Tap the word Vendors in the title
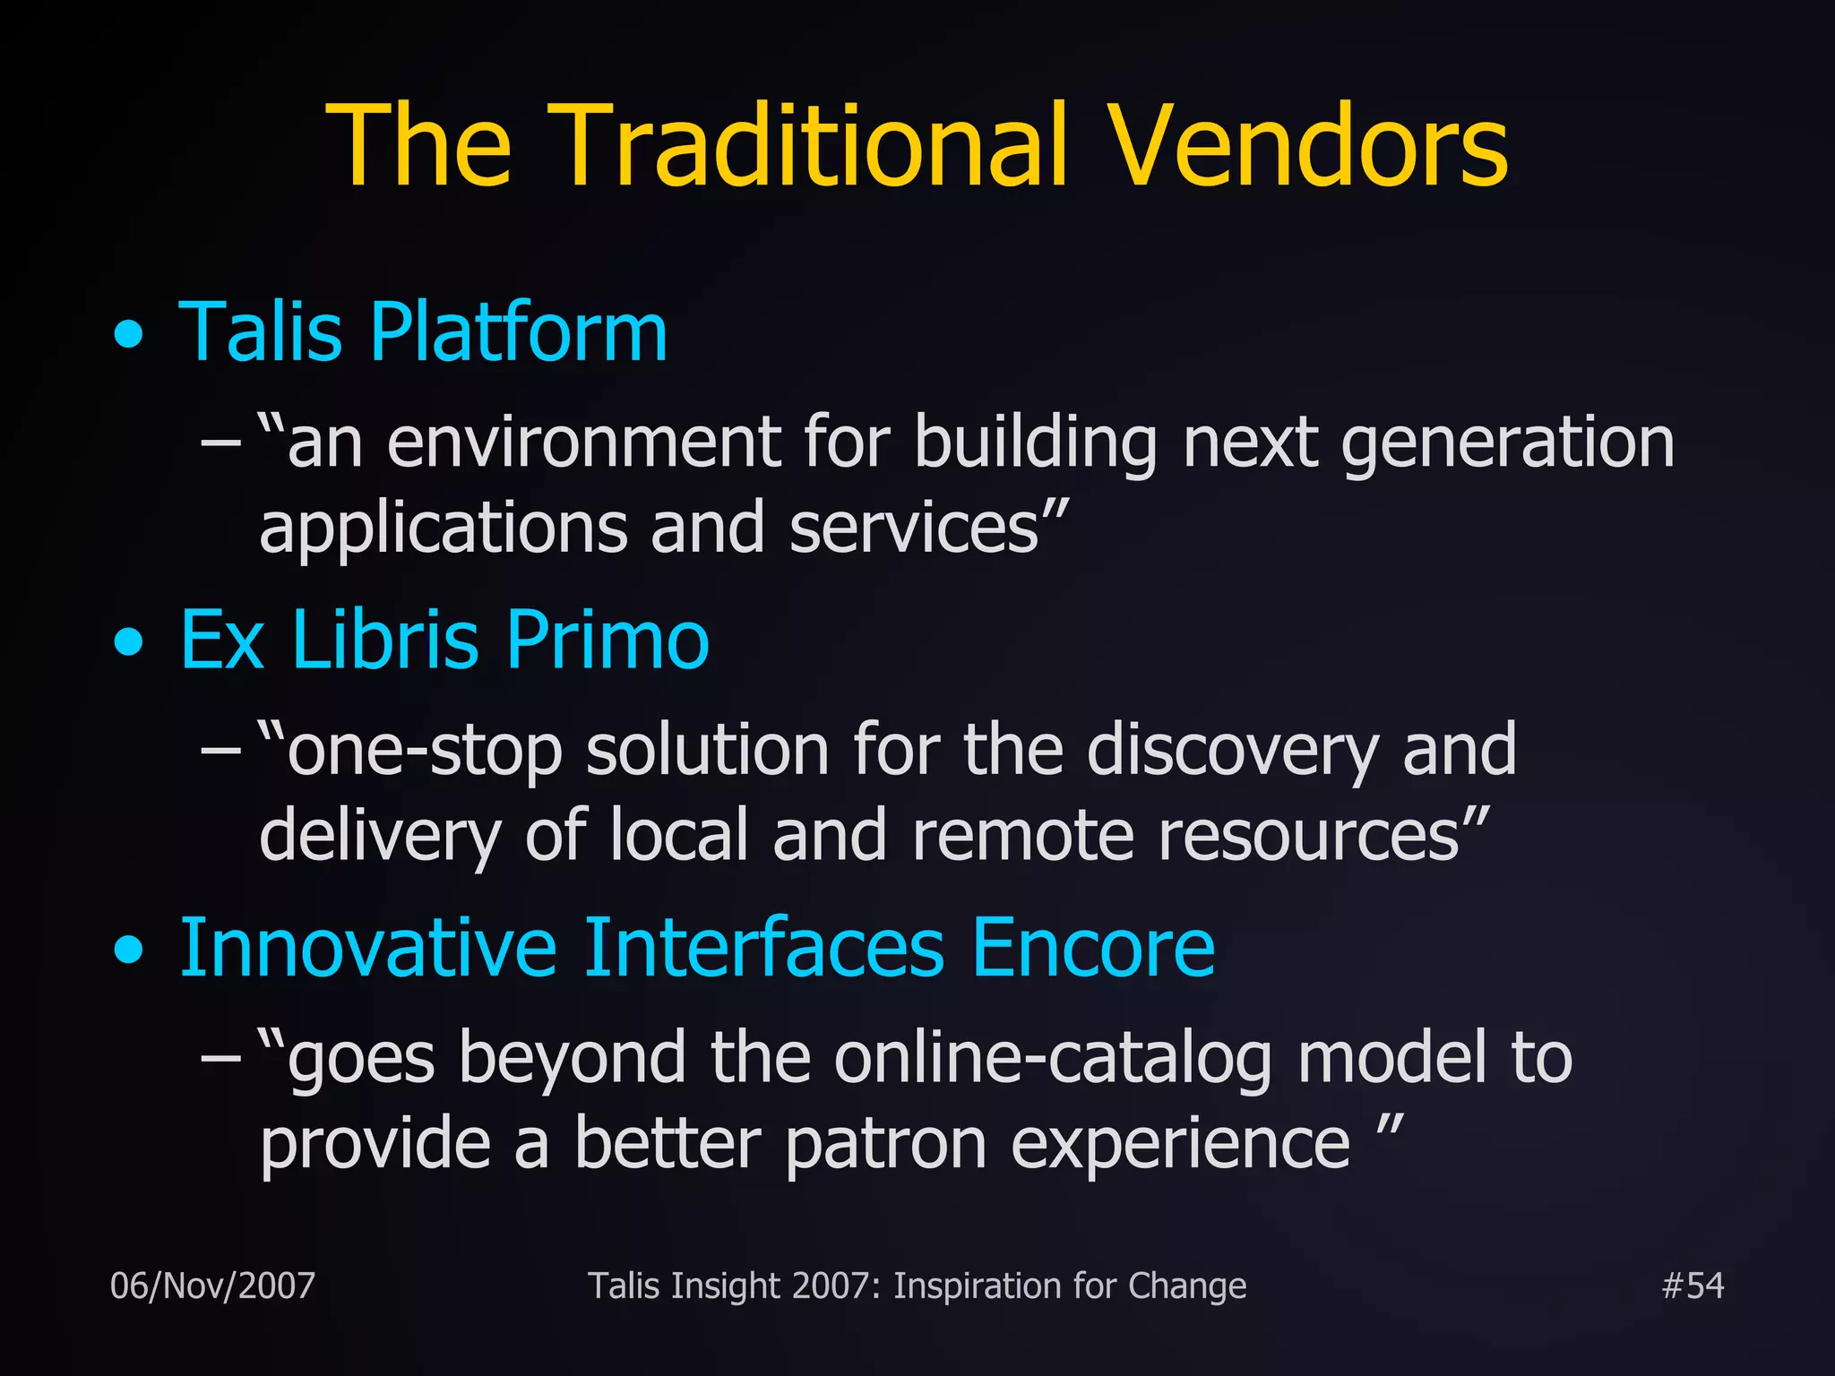click(1309, 146)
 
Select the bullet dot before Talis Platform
click(129, 334)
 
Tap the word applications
click(443, 529)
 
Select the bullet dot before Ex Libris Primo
click(129, 641)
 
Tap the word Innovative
click(368, 948)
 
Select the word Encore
click(1093, 948)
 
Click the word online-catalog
click(1053, 1059)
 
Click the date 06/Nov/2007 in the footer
click(212, 1286)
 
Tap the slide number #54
click(1692, 1286)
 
